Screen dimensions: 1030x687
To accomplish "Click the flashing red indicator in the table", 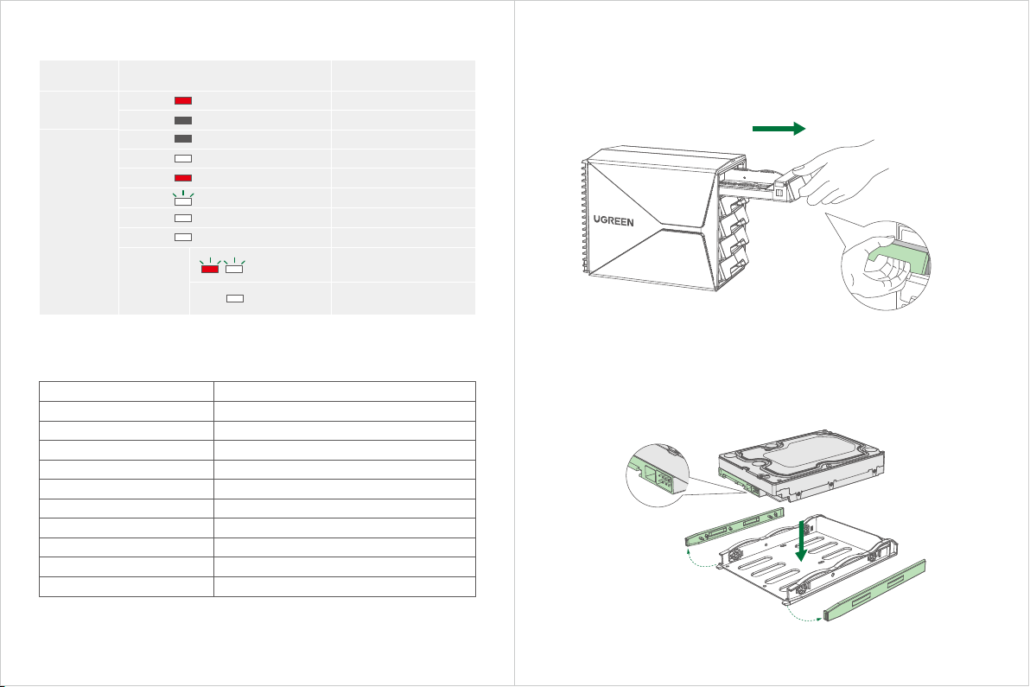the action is click(x=209, y=269).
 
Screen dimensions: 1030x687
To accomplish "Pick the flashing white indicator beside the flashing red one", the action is click(x=234, y=269).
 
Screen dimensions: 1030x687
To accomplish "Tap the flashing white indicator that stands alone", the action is click(x=183, y=200).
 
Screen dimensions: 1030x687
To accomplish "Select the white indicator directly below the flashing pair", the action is click(x=235, y=298).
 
